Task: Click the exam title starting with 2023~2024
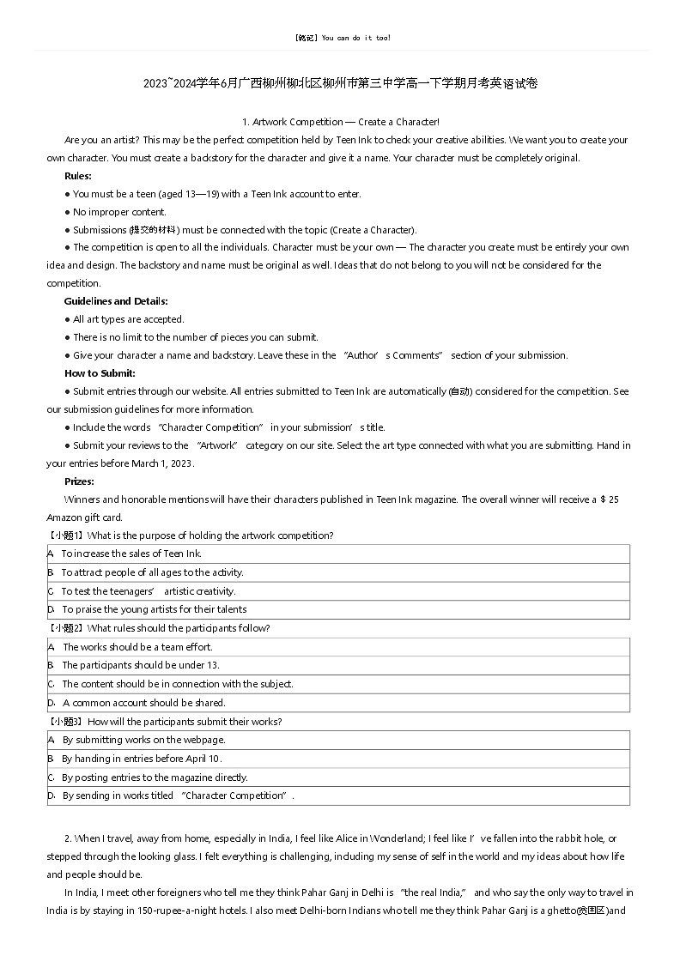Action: (x=341, y=83)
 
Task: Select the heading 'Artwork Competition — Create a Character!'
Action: (x=341, y=122)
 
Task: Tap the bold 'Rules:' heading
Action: (x=78, y=176)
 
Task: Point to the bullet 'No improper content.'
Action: (x=119, y=212)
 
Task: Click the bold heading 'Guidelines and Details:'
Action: (x=116, y=301)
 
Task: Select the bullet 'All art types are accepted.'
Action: (x=128, y=319)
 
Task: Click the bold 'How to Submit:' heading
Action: (x=100, y=373)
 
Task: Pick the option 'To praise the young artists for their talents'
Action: (x=154, y=610)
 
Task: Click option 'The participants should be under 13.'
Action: (x=141, y=665)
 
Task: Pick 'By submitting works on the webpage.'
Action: (x=143, y=740)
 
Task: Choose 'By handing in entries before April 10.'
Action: (x=142, y=759)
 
